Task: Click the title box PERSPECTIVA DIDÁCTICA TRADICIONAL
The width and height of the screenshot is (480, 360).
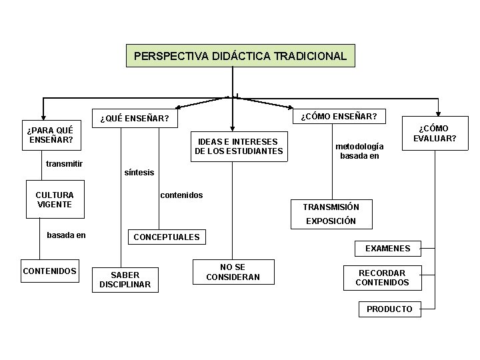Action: pos(240,56)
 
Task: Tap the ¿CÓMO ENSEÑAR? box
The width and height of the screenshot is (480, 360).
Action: pos(339,117)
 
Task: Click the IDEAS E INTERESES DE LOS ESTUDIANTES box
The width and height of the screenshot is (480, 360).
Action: pos(239,146)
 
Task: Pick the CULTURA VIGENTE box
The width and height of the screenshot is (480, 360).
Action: pos(55,199)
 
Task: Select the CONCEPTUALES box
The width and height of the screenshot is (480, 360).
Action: pos(167,237)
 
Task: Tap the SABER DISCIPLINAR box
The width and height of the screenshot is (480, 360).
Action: pos(125,279)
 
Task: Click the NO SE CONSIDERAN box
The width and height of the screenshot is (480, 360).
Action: pos(233,272)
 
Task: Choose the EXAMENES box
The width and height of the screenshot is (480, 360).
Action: pos(387,249)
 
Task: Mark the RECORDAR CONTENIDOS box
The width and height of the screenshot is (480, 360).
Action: pos(382,277)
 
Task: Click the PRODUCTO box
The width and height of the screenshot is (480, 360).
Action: pos(389,309)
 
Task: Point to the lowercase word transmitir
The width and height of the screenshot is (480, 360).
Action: pos(64,163)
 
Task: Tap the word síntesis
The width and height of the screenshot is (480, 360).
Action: pos(139,173)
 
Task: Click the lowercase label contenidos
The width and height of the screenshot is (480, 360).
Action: pos(181,195)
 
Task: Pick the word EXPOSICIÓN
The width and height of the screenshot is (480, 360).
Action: pos(331,221)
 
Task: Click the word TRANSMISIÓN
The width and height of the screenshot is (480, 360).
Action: pos(331,207)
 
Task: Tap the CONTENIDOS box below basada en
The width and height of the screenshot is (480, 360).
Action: pos(49,271)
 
